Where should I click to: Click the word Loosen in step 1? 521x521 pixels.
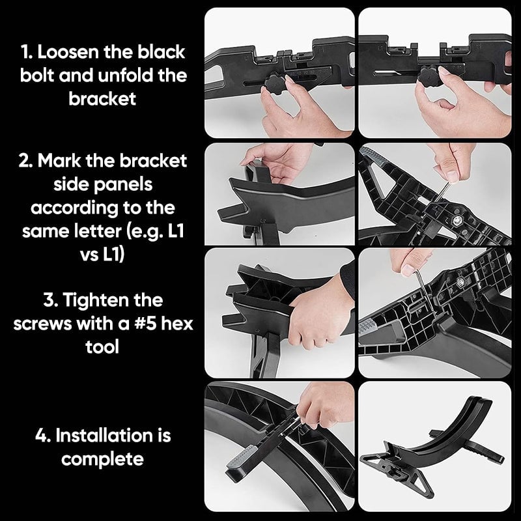pos(68,52)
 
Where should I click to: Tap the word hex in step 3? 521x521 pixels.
pos(176,323)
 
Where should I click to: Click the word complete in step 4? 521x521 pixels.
pos(102,460)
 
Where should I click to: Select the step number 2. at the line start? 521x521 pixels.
pos(26,161)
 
